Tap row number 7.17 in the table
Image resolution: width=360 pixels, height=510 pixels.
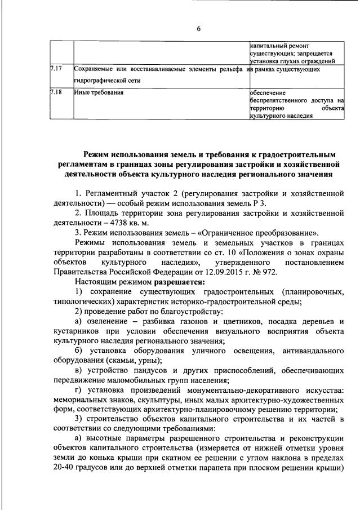point(55,69)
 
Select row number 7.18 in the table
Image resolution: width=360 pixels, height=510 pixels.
point(55,92)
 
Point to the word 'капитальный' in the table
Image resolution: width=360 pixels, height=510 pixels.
point(269,45)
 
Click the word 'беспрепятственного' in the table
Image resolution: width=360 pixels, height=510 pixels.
point(280,100)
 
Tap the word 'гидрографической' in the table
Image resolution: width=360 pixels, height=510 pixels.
point(101,81)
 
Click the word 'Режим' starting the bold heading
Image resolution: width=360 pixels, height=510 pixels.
point(98,153)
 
